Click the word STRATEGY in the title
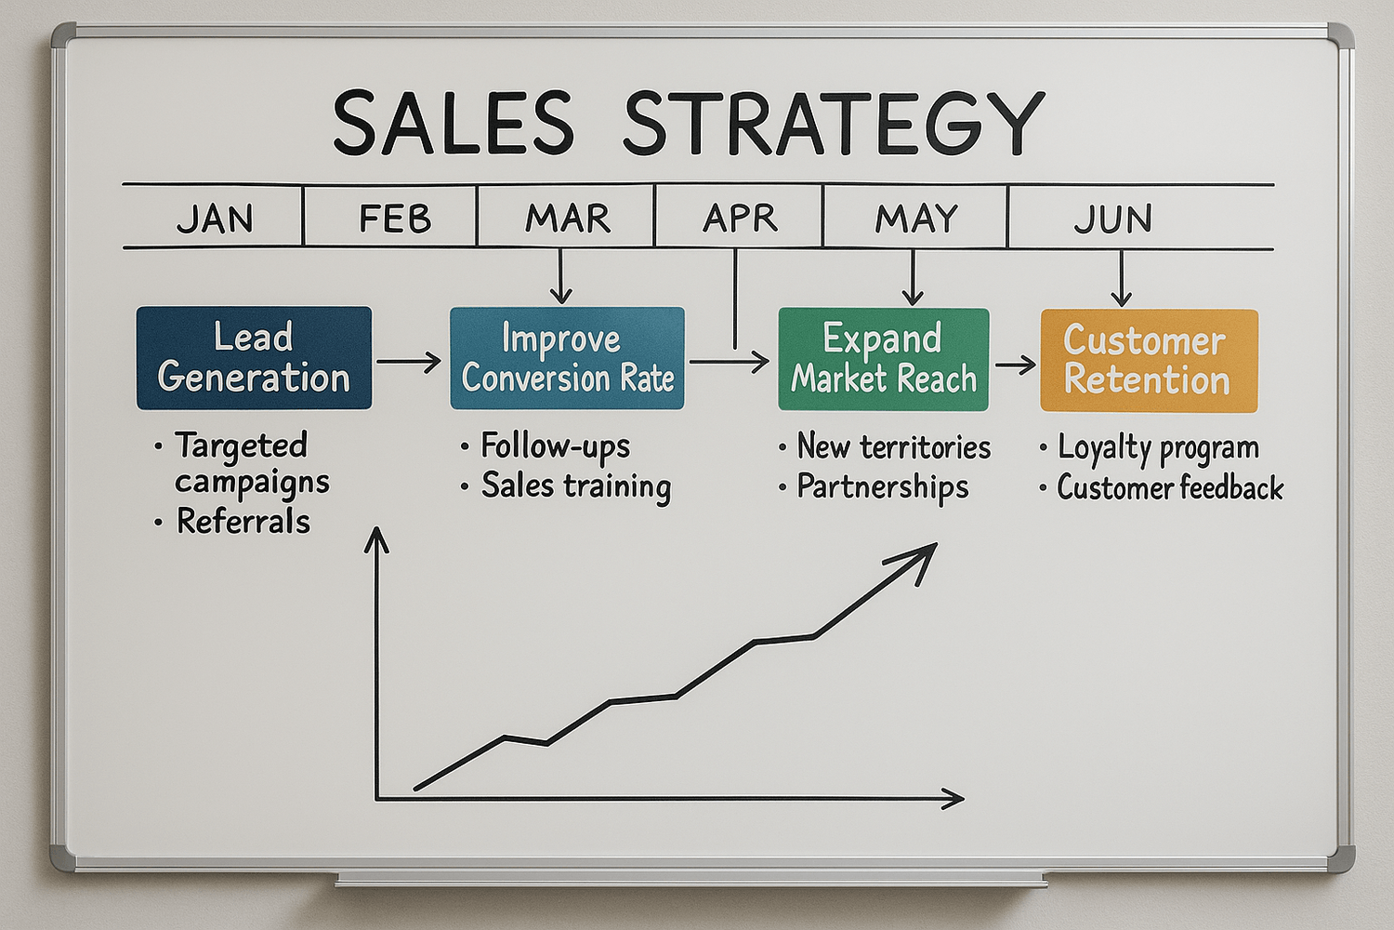[834, 124]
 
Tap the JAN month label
[216, 219]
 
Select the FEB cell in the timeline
[390, 217]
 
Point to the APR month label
[740, 218]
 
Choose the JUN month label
[1112, 219]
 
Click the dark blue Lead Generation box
[254, 357]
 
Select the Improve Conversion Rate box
[567, 358]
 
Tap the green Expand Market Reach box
[883, 359]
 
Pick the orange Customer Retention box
[1149, 361]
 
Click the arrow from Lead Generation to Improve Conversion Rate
[409, 361]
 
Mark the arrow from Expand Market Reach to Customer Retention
[1015, 365]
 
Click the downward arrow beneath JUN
[1121, 278]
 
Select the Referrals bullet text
[243, 521]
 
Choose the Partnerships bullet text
[883, 486]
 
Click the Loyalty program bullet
[1158, 448]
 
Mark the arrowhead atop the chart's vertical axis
[375, 539]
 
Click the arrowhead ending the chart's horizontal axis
[953, 798]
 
